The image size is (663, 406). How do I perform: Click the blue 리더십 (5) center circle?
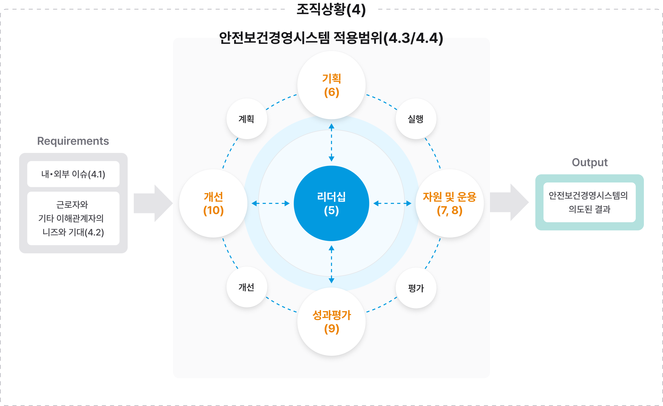pyautogui.click(x=331, y=203)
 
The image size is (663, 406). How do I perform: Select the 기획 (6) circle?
pyautogui.click(x=331, y=85)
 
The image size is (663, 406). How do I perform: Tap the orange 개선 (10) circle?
pyautogui.click(x=213, y=203)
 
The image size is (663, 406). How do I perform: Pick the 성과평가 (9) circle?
pyautogui.click(x=331, y=322)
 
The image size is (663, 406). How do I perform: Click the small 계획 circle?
pyautogui.click(x=246, y=119)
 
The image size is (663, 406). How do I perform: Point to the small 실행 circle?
pyautogui.click(x=416, y=119)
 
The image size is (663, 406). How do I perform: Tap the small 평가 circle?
pyautogui.click(x=416, y=288)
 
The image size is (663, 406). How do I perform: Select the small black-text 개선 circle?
pyautogui.click(x=246, y=287)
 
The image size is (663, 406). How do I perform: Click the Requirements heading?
pyautogui.click(x=73, y=141)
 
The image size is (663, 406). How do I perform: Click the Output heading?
pyautogui.click(x=590, y=163)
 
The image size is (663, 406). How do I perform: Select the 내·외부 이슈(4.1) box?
pyautogui.click(x=73, y=174)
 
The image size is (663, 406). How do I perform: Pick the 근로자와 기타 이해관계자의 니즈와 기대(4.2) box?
pyautogui.click(x=73, y=218)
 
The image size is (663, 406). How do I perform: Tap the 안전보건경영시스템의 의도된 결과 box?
pyautogui.click(x=589, y=202)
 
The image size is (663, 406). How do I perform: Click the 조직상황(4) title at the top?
pyautogui.click(x=331, y=9)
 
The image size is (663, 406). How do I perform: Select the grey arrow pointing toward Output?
pyautogui.click(x=509, y=202)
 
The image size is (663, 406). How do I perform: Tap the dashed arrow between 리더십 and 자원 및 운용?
pyautogui.click(x=392, y=203)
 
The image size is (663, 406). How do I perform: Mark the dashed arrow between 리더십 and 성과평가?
pyautogui.click(x=331, y=264)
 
